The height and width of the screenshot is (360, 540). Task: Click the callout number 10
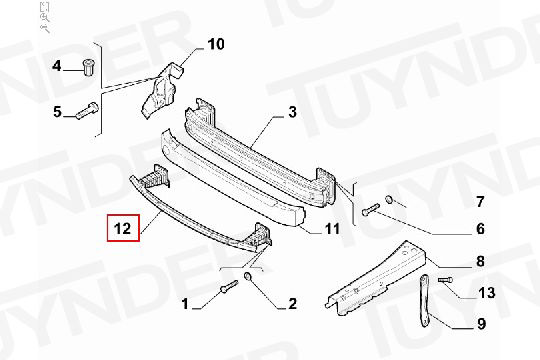216,44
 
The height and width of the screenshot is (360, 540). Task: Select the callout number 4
57,65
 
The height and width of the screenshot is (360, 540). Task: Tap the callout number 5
57,112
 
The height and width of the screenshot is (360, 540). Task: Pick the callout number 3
292,112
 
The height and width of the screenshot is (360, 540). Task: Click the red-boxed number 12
123,228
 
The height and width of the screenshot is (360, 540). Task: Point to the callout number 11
332,228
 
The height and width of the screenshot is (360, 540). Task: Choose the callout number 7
480,202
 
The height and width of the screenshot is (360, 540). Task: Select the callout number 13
487,293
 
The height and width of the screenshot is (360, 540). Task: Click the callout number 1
185,304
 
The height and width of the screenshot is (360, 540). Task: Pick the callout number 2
292,304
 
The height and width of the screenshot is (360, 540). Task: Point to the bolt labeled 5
87,111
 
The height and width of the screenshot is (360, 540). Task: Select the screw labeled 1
229,287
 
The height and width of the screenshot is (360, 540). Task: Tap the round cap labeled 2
248,276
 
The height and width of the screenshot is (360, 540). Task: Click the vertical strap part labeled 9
424,300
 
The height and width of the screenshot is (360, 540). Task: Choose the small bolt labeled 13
445,280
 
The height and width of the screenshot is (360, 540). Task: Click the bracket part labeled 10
160,90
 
